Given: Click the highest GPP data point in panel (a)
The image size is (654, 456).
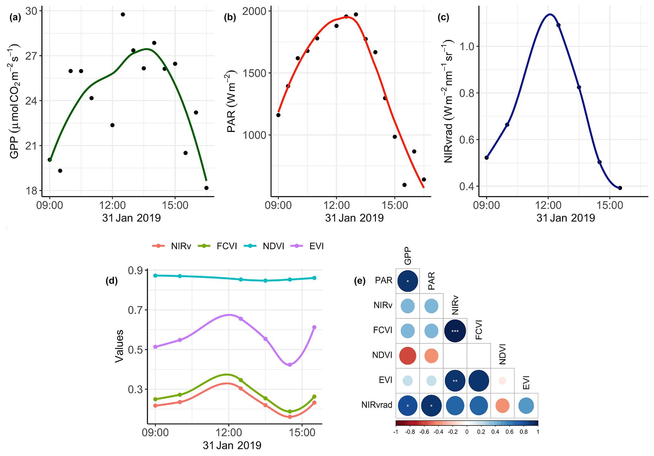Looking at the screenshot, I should (123, 15).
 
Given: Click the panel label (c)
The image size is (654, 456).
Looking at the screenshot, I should (443, 17).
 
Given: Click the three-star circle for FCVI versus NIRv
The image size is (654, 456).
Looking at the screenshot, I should (455, 331).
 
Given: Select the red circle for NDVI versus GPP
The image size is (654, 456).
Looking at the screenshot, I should (408, 355).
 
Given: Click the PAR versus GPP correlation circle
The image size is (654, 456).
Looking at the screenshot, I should (408, 281).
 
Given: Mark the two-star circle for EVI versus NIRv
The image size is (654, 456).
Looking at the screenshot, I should (455, 380).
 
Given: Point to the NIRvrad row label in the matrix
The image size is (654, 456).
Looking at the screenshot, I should (377, 405).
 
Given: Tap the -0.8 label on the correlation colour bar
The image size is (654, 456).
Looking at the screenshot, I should (410, 432).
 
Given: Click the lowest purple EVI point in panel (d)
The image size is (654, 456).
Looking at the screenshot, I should (290, 365).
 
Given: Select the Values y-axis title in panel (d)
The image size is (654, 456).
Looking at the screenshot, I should (119, 346).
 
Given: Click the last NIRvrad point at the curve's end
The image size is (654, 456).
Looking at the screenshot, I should (620, 188).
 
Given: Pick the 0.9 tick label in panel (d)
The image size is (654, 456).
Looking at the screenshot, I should (135, 271).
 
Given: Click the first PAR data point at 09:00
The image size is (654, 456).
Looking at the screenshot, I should (278, 115).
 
